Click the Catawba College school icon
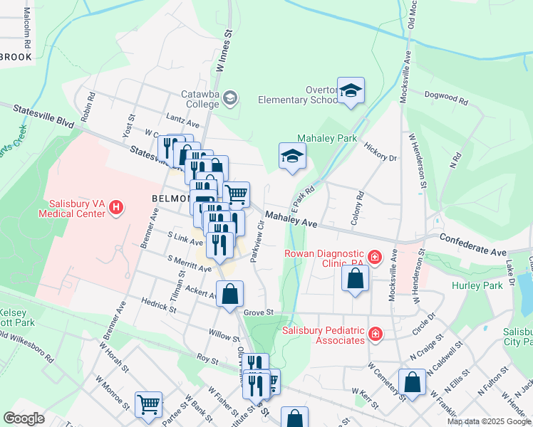230,97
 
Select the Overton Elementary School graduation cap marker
351,90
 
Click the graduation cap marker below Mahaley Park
291,157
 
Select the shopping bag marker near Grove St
229,294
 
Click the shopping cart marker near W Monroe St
149,404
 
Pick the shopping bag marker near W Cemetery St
412,382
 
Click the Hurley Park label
476,285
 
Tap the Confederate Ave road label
473,245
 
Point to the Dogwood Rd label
445,98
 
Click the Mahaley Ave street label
291,220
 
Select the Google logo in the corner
24,418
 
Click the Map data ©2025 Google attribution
489,422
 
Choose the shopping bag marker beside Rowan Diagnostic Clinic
355,278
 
